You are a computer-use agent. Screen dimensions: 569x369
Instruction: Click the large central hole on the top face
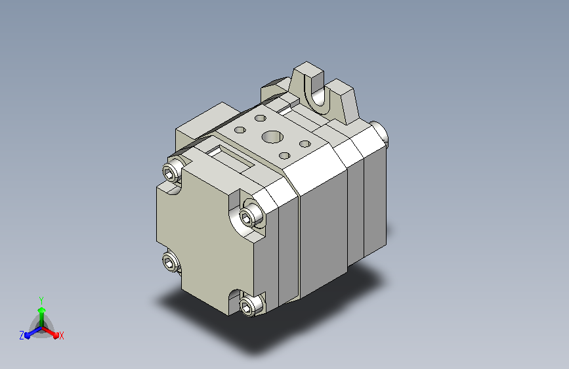(272, 137)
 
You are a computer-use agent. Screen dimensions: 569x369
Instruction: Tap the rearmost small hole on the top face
(260, 118)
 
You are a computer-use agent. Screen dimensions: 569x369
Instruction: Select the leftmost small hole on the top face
(240, 129)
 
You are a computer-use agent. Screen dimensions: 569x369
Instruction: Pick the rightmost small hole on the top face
(305, 144)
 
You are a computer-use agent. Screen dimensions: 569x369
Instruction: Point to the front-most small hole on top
(285, 156)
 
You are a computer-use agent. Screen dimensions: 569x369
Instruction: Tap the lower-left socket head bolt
(171, 261)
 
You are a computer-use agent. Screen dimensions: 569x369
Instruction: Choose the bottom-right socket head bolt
(250, 306)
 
